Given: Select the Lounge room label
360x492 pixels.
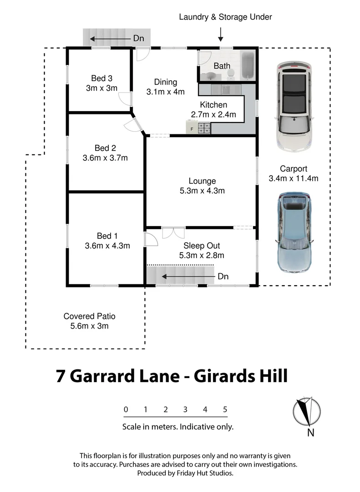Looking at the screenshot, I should click(x=202, y=181).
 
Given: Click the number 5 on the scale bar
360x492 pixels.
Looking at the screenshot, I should click(x=225, y=410).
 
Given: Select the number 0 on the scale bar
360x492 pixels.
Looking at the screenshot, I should click(x=126, y=410).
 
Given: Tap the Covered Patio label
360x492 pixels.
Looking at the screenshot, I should click(x=89, y=316).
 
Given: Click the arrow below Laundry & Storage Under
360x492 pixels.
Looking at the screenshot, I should click(x=221, y=34).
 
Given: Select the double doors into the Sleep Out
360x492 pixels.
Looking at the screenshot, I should click(x=173, y=232).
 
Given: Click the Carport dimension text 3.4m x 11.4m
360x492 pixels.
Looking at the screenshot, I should click(x=294, y=178).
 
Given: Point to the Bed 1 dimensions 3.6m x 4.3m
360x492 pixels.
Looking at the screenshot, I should click(x=107, y=246).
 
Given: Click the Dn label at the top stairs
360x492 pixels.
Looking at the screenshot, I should click(x=138, y=38).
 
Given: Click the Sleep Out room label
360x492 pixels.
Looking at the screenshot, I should click(x=202, y=246).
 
